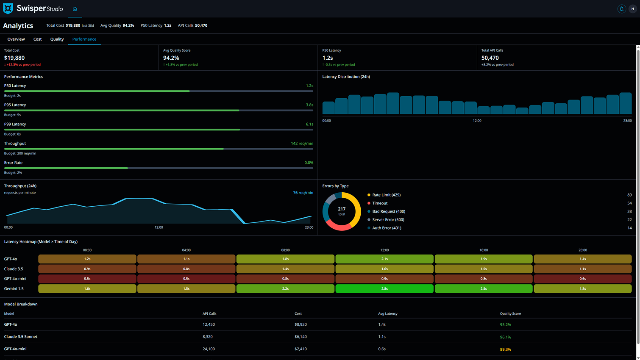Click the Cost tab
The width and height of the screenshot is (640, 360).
(37, 39)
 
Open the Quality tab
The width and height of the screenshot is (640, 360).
(57, 39)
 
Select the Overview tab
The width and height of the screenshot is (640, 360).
(16, 39)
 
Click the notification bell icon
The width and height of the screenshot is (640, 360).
(621, 9)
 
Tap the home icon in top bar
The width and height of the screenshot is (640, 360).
(75, 9)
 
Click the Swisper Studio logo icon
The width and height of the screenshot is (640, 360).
(8, 8)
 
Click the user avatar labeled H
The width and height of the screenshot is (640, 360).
(632, 9)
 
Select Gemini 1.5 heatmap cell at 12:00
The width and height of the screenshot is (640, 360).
(384, 289)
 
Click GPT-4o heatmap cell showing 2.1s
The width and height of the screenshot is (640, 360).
(384, 259)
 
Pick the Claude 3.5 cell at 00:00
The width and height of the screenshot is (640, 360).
(87, 269)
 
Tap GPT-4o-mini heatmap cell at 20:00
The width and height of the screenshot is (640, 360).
(582, 279)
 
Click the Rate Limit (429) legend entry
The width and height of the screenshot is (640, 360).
(386, 195)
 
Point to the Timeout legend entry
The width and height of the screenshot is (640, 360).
(380, 203)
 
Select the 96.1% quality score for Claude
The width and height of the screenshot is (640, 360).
(505, 337)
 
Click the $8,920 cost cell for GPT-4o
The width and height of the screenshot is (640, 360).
(301, 324)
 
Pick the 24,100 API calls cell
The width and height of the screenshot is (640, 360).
(209, 349)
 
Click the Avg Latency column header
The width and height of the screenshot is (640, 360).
(387, 314)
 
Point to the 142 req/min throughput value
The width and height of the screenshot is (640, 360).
(302, 144)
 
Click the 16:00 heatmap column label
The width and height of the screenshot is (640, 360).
(484, 250)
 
